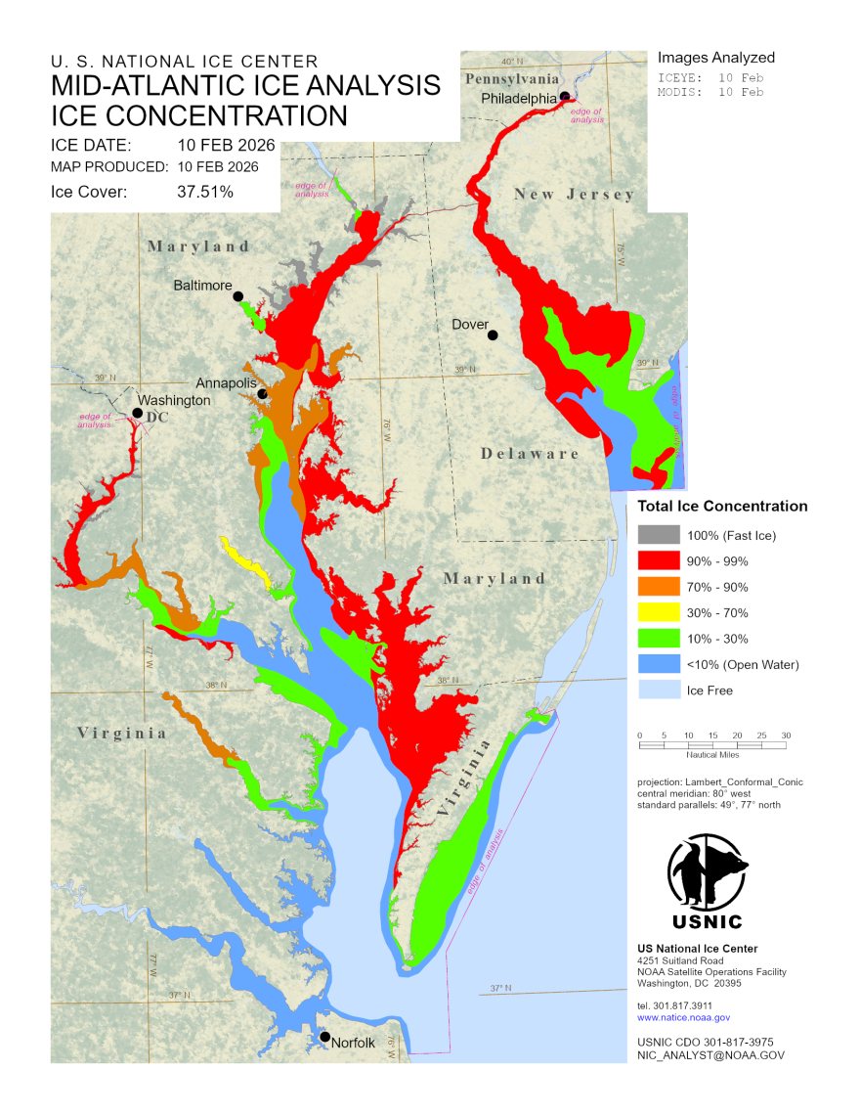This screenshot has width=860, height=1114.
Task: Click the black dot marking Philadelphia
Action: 565,96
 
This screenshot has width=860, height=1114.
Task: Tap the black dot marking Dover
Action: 493,335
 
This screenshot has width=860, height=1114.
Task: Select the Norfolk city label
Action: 353,1043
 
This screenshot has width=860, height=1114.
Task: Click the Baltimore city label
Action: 202,286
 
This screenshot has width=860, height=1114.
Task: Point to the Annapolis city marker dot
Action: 263,394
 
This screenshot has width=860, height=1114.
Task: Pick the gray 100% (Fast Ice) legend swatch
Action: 657,535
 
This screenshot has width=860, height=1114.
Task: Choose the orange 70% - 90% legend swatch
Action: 657,587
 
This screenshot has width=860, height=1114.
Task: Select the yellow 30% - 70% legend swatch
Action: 657,613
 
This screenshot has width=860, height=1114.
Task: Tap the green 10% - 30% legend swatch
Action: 657,639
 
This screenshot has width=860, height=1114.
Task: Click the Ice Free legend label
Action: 709,691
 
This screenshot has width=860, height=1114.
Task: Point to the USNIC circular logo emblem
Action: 708,871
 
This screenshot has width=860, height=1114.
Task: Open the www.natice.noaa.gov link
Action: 683,1018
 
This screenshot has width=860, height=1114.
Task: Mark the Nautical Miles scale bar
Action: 712,745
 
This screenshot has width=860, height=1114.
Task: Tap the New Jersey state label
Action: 575,195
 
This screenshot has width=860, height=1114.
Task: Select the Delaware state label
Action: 530,454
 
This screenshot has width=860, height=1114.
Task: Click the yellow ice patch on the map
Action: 245,561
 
